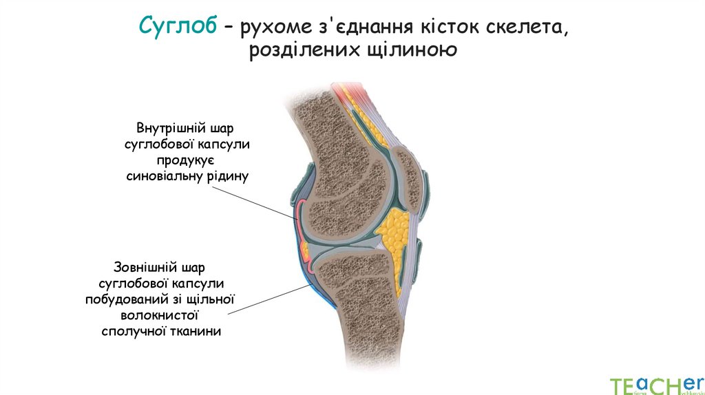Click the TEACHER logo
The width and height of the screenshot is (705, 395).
tap(653, 385)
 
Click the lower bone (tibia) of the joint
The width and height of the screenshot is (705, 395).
tap(361, 303)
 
